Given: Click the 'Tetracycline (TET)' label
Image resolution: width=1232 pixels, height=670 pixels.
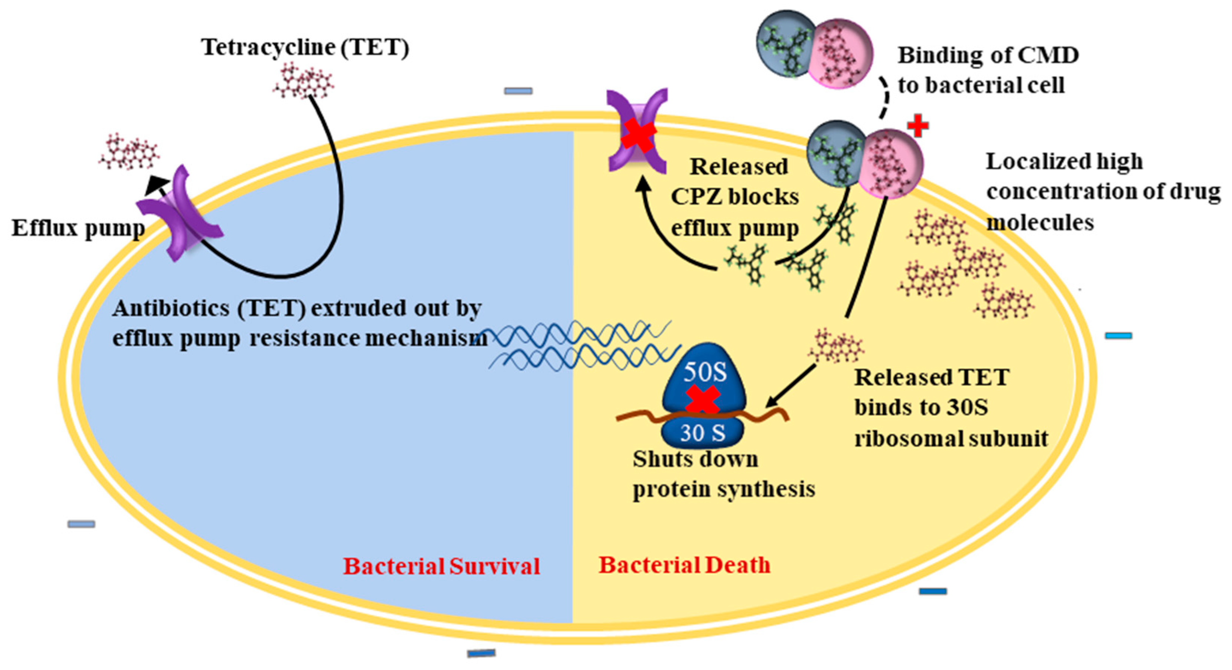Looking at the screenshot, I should (x=305, y=47).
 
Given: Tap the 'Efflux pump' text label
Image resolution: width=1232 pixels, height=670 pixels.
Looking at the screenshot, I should (x=77, y=228).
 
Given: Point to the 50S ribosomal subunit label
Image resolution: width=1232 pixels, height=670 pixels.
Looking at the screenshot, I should (x=704, y=372).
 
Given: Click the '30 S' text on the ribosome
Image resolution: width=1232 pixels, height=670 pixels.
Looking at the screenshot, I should (x=703, y=433).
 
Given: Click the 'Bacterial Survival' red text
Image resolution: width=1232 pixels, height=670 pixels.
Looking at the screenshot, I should (x=441, y=566).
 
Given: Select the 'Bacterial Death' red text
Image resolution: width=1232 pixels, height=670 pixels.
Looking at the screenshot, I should (x=684, y=565).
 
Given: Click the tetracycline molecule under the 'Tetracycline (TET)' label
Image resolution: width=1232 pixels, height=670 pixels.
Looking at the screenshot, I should (x=303, y=80).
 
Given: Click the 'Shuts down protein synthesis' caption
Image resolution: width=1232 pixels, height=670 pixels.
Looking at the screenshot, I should (x=723, y=474).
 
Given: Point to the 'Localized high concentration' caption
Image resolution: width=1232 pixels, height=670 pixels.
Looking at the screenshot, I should (x=1100, y=191).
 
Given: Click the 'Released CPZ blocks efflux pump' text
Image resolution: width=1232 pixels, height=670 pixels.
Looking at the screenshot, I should (x=735, y=197).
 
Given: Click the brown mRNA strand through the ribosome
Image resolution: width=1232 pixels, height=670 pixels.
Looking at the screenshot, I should (x=636, y=417).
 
